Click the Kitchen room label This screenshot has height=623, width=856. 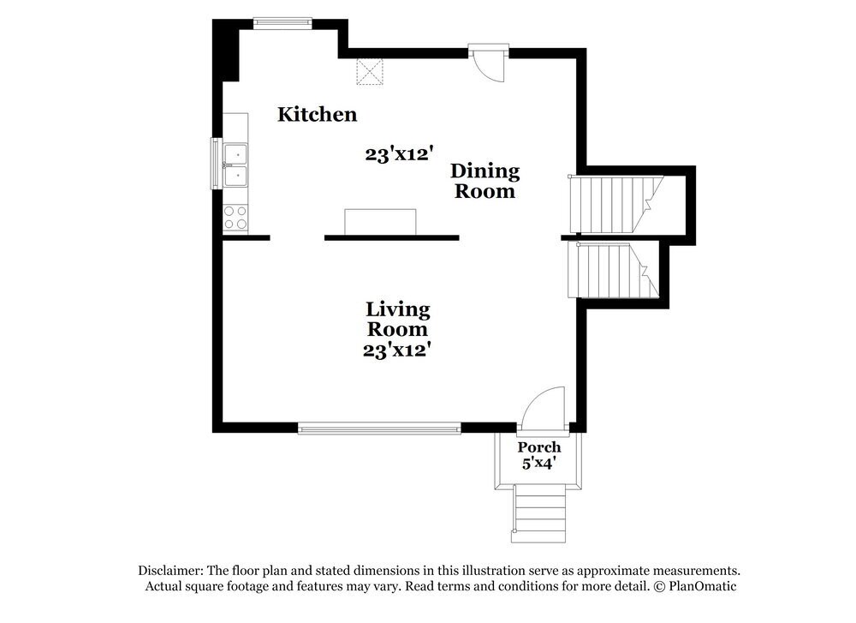[x=318, y=114]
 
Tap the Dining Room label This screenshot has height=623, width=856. [x=484, y=181]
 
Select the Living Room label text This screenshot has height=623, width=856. [x=397, y=319]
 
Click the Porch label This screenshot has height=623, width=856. [x=538, y=447]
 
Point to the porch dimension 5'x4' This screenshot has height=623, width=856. [x=538, y=464]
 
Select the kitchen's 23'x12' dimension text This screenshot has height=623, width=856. [x=400, y=154]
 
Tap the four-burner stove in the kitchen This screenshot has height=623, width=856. [x=235, y=217]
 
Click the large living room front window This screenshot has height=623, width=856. [x=379, y=428]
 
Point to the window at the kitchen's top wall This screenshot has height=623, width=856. [x=282, y=23]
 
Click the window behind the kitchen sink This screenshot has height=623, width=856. [x=217, y=164]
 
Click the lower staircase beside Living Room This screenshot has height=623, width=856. [x=613, y=271]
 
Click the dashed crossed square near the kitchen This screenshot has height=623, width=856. [x=370, y=71]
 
